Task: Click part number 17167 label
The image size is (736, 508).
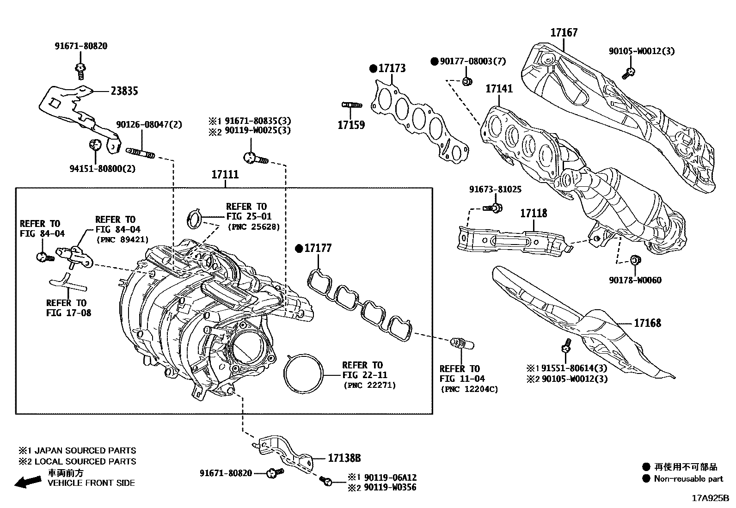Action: (x=564, y=33)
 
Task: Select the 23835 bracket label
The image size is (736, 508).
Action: (x=124, y=91)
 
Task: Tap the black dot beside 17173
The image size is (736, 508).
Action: (x=374, y=68)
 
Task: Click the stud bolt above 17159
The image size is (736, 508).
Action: (x=351, y=105)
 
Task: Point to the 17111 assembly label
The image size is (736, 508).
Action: (x=225, y=175)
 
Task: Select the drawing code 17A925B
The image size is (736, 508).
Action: (x=710, y=498)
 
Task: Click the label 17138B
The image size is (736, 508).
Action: (x=344, y=458)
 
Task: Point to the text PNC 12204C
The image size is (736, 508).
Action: (x=469, y=389)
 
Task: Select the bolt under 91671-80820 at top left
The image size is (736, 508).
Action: (x=80, y=69)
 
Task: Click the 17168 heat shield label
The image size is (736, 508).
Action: (x=647, y=323)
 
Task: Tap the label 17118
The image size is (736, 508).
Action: (x=534, y=213)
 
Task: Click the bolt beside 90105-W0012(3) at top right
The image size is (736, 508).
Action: (x=629, y=72)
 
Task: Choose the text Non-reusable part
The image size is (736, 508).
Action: (x=688, y=479)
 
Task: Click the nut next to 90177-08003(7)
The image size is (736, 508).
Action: (x=467, y=82)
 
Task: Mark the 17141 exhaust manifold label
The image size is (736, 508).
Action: (x=499, y=89)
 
